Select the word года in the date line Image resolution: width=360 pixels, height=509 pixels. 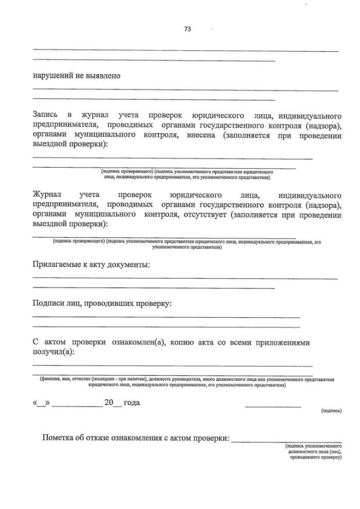click(x=132, y=403)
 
